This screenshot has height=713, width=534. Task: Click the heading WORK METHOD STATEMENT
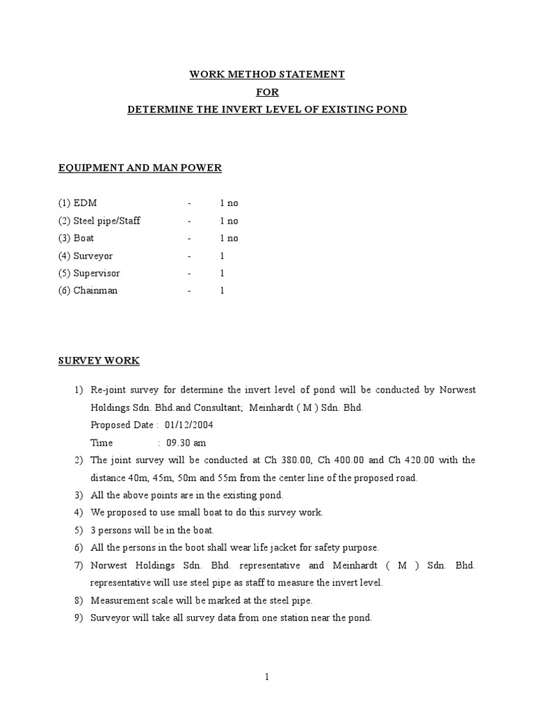268,75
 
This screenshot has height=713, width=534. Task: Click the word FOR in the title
267,92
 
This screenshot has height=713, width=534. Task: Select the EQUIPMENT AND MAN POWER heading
140,168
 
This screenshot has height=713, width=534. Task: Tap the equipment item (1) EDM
78,203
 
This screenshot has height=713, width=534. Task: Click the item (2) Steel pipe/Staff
99,221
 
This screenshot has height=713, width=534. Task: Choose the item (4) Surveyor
86,256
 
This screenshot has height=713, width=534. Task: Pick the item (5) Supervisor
89,273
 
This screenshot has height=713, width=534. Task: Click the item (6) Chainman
88,290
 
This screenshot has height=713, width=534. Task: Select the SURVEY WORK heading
98,361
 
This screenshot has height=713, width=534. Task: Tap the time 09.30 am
185,443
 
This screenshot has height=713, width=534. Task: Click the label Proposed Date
122,425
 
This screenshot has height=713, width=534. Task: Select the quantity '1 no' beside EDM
229,203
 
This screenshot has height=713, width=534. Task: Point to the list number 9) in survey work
79,617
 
